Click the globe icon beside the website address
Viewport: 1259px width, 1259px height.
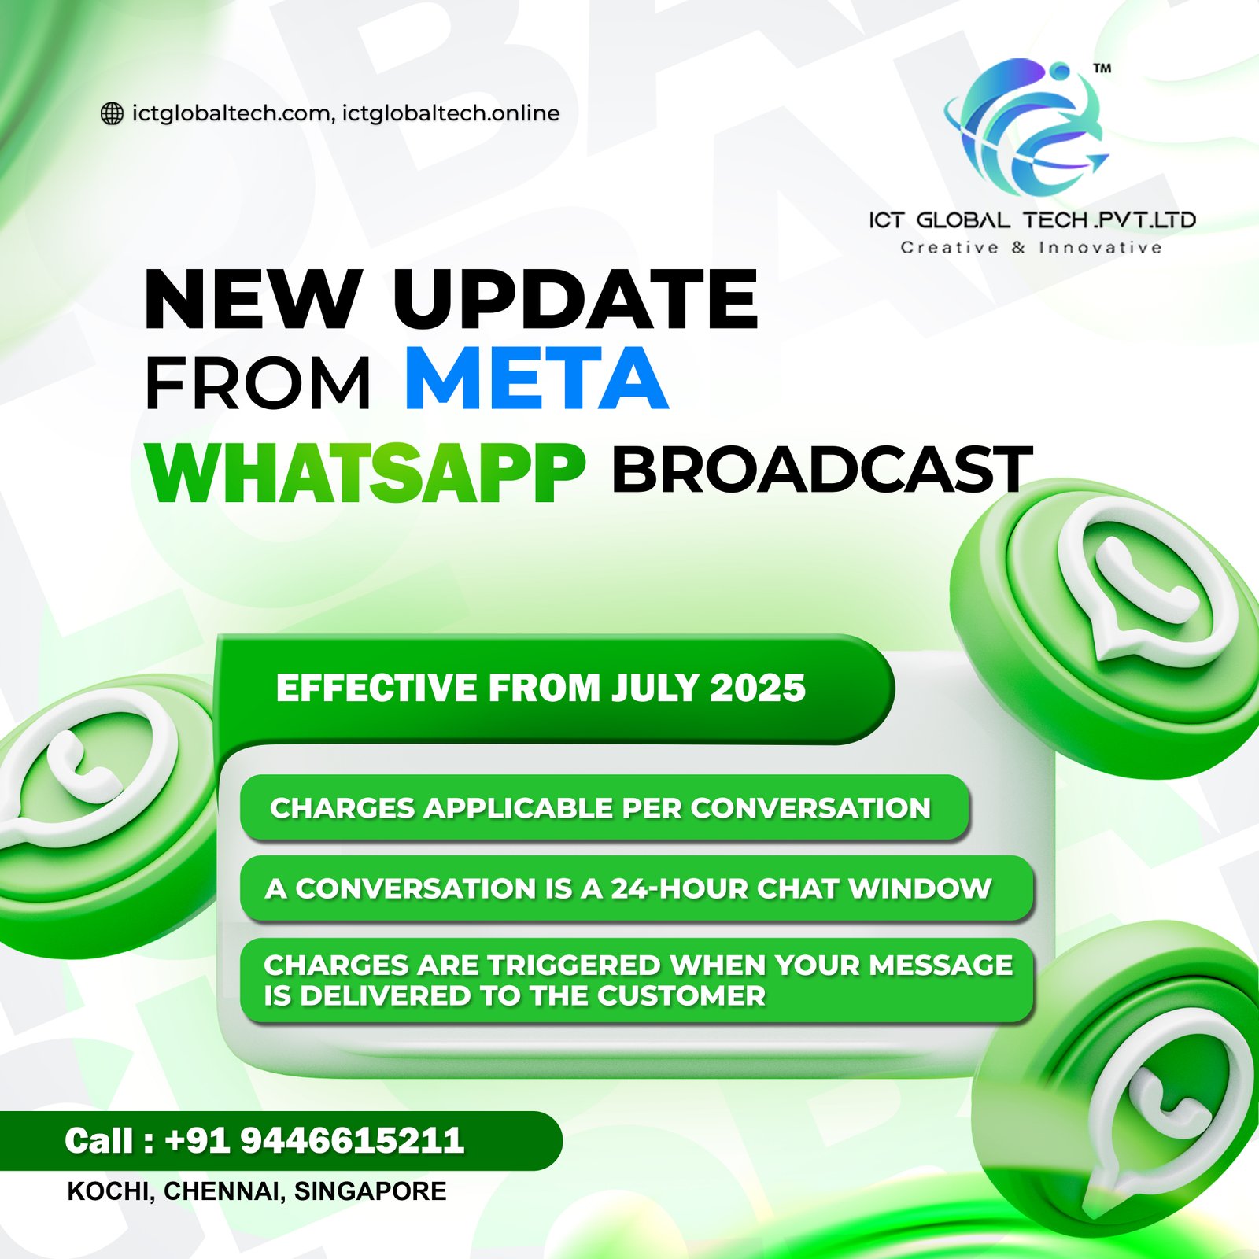click(x=112, y=114)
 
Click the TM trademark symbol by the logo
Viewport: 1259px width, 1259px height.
click(x=1102, y=68)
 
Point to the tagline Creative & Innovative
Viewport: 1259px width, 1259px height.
click(x=1031, y=248)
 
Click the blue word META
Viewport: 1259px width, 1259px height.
click(x=537, y=379)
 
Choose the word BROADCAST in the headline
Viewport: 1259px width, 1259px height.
click(x=821, y=470)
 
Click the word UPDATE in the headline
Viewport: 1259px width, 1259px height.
click(x=576, y=299)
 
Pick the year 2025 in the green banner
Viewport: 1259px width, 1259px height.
click(x=758, y=689)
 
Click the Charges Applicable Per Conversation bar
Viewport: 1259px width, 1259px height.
click(x=604, y=808)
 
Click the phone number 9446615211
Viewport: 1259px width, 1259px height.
click(x=352, y=1141)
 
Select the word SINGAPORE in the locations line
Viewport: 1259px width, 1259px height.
click(x=370, y=1191)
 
